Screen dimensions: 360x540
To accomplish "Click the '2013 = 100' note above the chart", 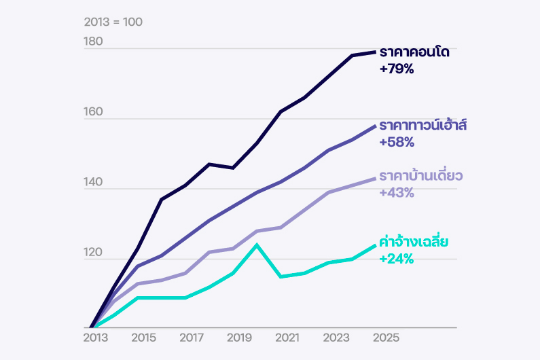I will pyautogui.click(x=113, y=22).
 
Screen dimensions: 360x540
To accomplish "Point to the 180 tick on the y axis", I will pyautogui.click(x=93, y=41).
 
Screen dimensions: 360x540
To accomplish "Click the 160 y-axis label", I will pyautogui.click(x=93, y=112).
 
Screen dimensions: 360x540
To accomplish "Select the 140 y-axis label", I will pyautogui.click(x=93, y=183).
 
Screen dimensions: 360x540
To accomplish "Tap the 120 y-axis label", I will pyautogui.click(x=93, y=253).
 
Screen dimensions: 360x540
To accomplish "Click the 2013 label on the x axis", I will pyautogui.click(x=96, y=338).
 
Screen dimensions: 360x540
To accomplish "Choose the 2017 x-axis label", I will pyautogui.click(x=192, y=338).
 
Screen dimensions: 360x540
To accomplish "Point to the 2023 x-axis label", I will pyautogui.click(x=337, y=338).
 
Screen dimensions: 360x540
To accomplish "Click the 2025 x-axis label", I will pyautogui.click(x=385, y=338).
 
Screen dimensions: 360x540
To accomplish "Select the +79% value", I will pyautogui.click(x=397, y=69).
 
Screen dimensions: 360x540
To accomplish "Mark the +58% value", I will pyautogui.click(x=397, y=143).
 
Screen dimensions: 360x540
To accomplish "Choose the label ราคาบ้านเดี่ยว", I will pyautogui.click(x=421, y=176).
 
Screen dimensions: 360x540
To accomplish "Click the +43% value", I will pyautogui.click(x=397, y=193).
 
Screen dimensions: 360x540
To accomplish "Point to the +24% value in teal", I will pyautogui.click(x=397, y=259).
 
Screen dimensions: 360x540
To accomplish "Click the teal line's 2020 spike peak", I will pyautogui.click(x=257, y=245).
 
